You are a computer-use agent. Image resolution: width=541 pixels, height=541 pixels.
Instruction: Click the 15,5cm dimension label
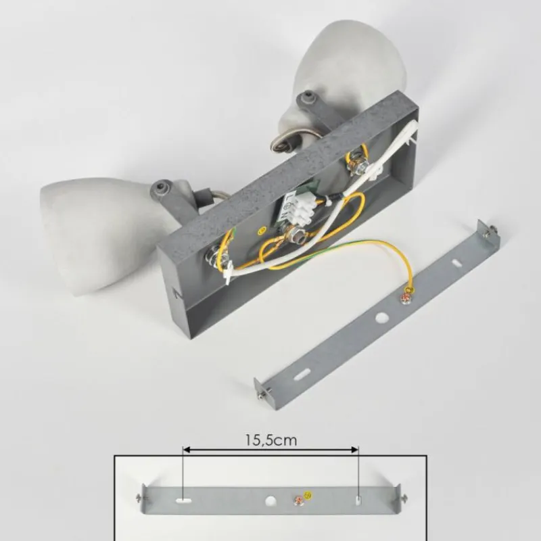(x=271, y=440)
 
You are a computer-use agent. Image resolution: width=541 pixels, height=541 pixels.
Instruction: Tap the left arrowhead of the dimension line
(x=187, y=449)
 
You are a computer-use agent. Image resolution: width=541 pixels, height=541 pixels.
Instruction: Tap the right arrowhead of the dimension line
(x=354, y=449)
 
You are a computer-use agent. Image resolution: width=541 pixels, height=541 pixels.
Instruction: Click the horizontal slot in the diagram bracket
(x=183, y=499)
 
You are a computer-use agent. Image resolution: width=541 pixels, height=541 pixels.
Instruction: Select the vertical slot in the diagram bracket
(x=358, y=500)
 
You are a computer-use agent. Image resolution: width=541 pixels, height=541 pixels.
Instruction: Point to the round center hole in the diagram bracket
(x=270, y=500)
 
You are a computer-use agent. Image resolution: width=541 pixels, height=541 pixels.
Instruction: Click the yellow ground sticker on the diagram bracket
(x=308, y=496)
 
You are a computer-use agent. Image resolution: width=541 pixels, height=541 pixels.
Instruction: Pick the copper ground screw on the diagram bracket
(x=298, y=500)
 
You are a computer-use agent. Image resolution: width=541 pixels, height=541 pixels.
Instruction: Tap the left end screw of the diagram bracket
(x=140, y=497)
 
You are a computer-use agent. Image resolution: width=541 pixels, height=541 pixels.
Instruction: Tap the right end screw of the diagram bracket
(x=403, y=498)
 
